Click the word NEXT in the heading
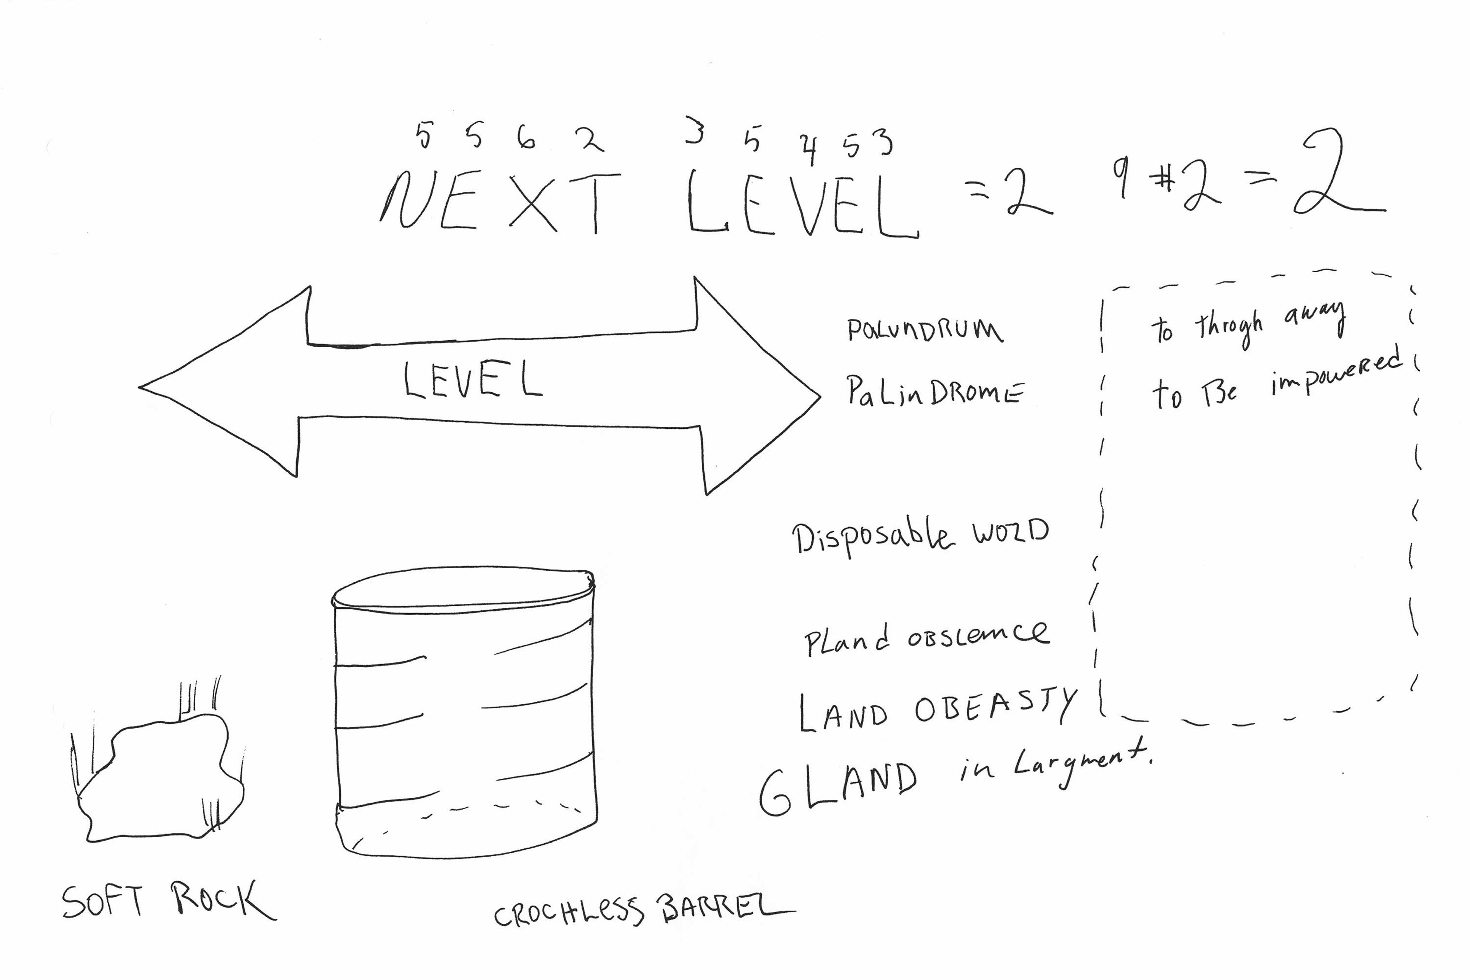click(500, 201)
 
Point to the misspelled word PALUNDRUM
click(925, 329)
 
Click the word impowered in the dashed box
click(1338, 375)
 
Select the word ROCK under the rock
click(222, 900)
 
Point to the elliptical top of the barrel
click(462, 588)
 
